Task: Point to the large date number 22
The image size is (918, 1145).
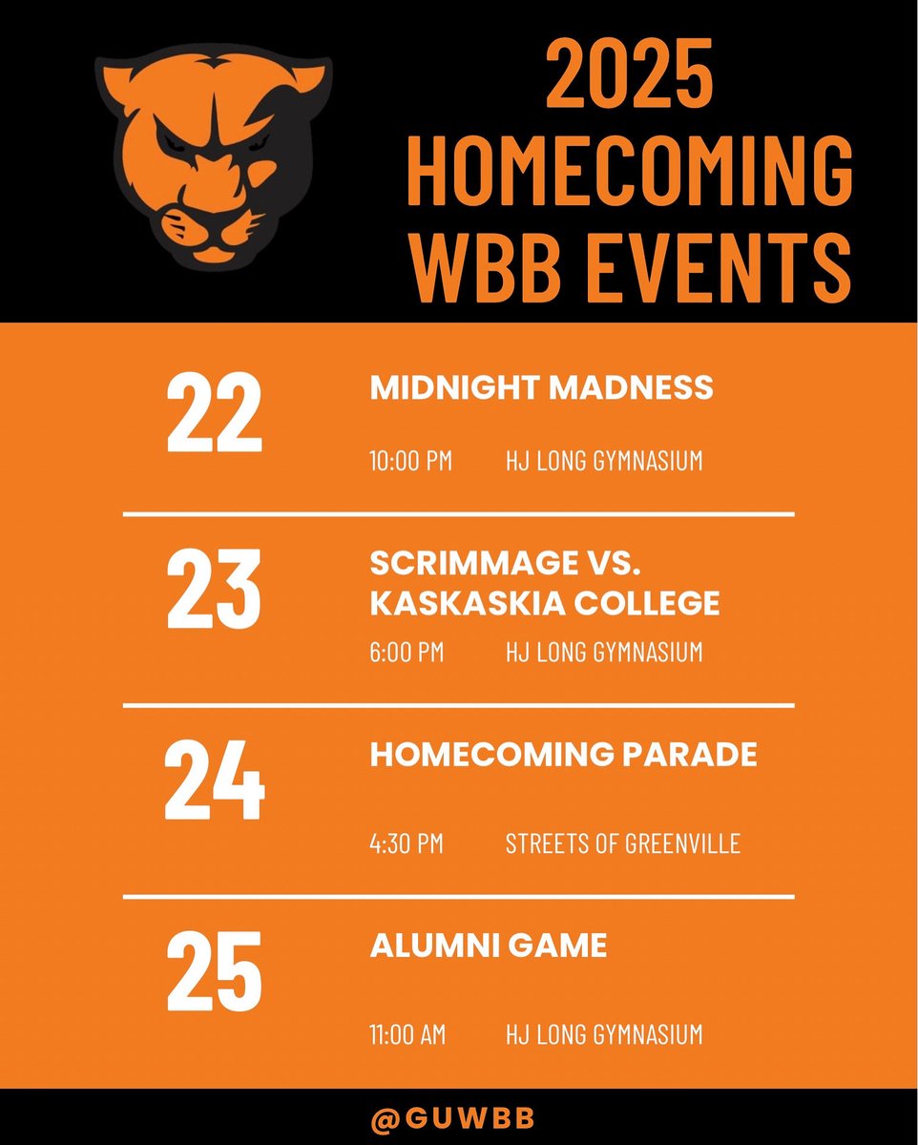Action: [x=214, y=414]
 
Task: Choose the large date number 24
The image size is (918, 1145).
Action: [x=214, y=782]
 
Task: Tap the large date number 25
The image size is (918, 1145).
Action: [x=214, y=972]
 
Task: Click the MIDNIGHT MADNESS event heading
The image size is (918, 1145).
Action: [x=541, y=388]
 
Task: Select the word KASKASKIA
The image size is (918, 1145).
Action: [x=455, y=603]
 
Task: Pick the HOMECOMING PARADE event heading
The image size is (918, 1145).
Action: [x=563, y=755]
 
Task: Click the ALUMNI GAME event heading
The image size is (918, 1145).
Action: [x=488, y=946]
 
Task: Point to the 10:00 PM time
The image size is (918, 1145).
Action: [x=410, y=462]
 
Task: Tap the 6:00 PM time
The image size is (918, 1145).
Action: [x=407, y=653]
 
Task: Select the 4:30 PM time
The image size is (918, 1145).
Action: [x=407, y=843]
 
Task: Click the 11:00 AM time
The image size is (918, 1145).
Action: [x=407, y=1034]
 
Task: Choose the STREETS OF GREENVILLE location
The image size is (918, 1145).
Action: [x=622, y=843]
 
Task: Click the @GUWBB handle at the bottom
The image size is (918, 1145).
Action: [x=458, y=1117]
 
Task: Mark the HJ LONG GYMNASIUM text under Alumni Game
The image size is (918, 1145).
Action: [x=603, y=1034]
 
